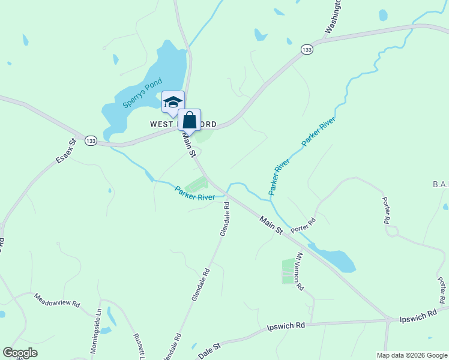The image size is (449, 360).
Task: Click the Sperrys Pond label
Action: pos(138,93)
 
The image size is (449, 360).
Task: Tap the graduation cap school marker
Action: pos(173,102)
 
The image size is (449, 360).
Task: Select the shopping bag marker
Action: pos(189,120)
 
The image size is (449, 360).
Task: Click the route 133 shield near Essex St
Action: pos(91,140)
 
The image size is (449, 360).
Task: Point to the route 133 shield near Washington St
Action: pos(307,50)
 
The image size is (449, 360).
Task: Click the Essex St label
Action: pos(66,151)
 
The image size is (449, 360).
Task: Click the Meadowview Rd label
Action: pos(57,300)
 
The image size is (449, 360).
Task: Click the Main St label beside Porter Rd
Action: pos(271,226)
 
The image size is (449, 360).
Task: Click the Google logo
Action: pos(20,353)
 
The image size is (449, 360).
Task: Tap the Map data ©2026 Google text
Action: pos(411,355)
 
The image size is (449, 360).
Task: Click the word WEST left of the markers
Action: pos(162,124)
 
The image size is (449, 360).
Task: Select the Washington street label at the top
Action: pos(333,15)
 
